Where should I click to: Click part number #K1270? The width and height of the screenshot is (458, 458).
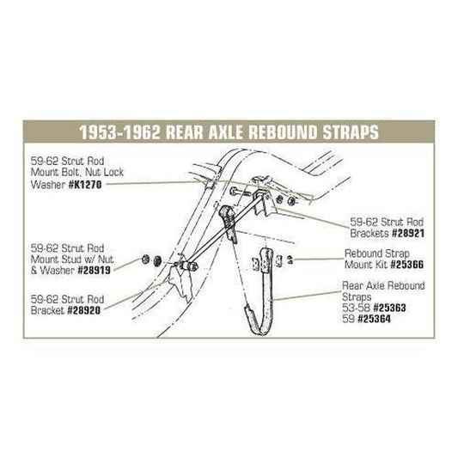pos(85,185)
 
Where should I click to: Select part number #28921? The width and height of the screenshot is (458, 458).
pos(408,234)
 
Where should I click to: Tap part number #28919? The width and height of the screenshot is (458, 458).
pos(94,271)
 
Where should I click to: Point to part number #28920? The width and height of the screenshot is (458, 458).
pos(84,310)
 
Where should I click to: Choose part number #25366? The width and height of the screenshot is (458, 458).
pos(407,265)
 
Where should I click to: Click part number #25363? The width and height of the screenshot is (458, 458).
pos(390,308)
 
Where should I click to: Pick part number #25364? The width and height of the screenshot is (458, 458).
pos(374,319)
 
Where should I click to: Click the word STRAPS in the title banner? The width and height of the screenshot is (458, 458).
pos(351,132)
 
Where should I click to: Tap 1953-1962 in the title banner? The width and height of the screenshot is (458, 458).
pos(120,132)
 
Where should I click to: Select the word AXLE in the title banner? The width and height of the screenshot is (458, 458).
pos(225,132)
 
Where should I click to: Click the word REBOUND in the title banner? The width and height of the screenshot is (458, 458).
pos(283,132)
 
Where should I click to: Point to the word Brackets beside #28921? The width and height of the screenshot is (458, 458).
pos(369,234)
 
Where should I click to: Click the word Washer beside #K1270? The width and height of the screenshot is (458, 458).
pos(48,185)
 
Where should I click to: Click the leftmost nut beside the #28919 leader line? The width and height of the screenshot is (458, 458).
pos(145,260)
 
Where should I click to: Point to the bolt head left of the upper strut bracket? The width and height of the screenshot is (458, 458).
pos(234,192)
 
